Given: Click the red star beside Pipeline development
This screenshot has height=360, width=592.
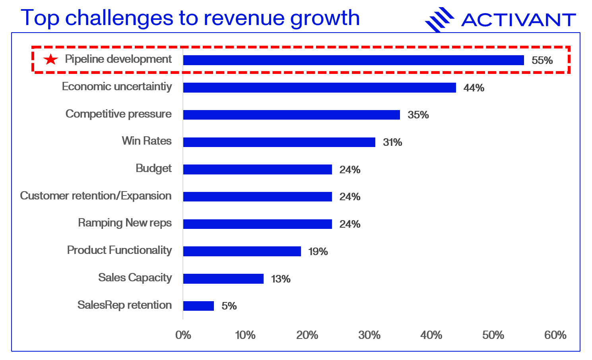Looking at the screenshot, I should (x=50, y=60).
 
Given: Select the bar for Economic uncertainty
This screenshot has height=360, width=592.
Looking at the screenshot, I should (x=319, y=88).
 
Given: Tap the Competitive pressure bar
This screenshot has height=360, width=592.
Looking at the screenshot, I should (x=291, y=115).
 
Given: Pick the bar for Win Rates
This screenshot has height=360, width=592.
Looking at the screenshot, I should (x=279, y=142).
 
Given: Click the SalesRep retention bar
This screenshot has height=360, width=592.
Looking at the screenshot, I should (x=198, y=306).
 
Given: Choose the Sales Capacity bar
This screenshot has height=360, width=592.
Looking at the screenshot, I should (x=223, y=279).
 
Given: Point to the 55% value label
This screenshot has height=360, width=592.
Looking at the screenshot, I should (x=542, y=60).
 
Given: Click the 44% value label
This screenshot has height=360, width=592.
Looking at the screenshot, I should (x=474, y=88).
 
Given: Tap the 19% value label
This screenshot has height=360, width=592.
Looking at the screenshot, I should (x=318, y=252).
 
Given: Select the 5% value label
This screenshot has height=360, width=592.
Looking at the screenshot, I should (x=229, y=306).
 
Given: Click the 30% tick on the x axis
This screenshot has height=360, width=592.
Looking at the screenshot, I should (x=369, y=335).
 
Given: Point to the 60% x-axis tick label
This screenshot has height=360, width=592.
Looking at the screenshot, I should (x=555, y=335).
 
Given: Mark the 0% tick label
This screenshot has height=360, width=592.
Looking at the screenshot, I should (x=183, y=335).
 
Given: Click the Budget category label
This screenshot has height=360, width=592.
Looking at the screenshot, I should (x=153, y=168).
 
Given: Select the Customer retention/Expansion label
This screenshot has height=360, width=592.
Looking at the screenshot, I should (x=96, y=196).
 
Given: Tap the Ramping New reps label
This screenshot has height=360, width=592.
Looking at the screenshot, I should (x=125, y=223).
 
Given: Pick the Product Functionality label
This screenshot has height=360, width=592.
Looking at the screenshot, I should (x=119, y=250).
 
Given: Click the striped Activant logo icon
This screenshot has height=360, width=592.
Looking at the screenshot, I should (x=439, y=19).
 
